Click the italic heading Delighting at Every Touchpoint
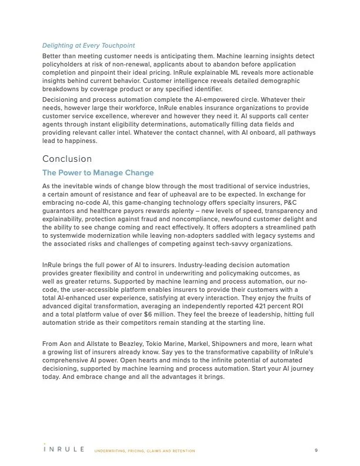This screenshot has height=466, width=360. coord(89,45)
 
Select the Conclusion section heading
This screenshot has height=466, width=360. coord(67,159)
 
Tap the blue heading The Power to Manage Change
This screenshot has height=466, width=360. coord(98,173)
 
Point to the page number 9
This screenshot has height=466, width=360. coord(316,450)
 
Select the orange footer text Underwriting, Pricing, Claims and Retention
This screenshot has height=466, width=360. coord(145,451)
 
